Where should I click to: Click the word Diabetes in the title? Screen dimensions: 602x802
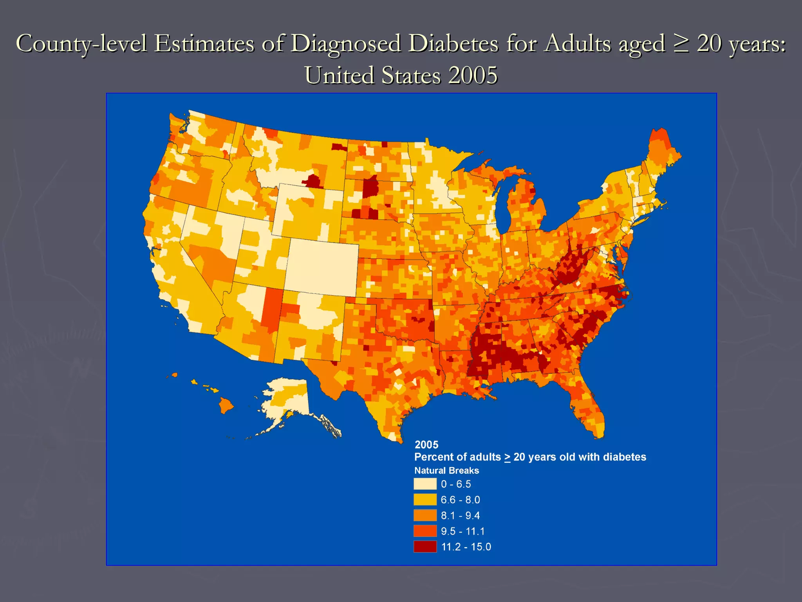point(453,43)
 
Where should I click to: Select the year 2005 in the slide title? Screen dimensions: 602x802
point(473,75)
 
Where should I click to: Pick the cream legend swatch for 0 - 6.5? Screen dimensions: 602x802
point(425,484)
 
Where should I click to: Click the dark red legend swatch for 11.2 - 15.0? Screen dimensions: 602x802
point(425,546)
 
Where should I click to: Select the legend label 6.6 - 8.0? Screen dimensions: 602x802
point(460,500)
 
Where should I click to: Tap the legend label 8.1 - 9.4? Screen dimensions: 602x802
point(460,515)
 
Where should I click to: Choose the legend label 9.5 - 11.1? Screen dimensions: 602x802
point(462,531)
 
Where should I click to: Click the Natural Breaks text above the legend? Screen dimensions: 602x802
point(446,470)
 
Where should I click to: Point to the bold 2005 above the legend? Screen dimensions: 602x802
point(426,444)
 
